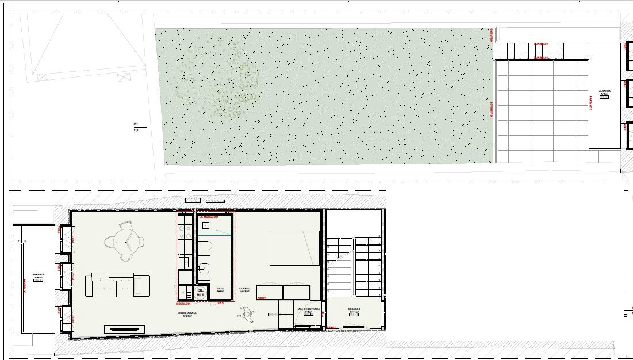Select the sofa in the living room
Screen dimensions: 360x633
[118, 285]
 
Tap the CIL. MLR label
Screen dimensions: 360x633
[200, 293]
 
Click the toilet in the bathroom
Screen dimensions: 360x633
[205, 246]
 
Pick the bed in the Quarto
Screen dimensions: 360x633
[294, 248]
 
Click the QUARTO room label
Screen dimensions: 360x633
[244, 289]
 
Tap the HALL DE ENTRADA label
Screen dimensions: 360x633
[308, 309]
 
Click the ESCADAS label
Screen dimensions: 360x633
[354, 309]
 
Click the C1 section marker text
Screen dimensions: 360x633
[136, 124]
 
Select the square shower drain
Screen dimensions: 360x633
[206, 225]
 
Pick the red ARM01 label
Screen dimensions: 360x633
[262, 298]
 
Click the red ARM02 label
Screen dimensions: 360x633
[331, 327]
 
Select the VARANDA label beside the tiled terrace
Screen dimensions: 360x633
[604, 91]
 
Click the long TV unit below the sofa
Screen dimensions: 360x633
[124, 330]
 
